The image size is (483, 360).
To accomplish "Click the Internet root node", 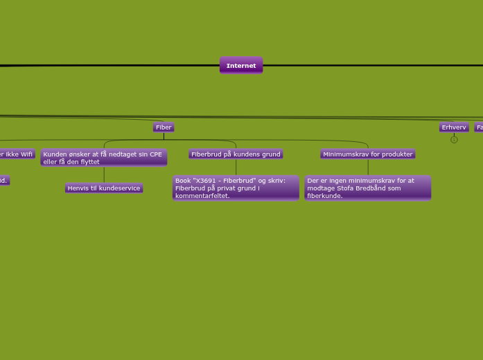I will click(x=241, y=66).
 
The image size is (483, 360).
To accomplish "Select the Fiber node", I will click(x=164, y=127).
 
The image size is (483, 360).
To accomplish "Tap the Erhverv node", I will click(x=454, y=127).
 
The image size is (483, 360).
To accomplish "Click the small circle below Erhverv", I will click(x=454, y=140).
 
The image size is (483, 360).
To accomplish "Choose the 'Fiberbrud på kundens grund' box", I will click(x=236, y=154).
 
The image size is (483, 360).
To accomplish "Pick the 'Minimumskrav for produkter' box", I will click(x=367, y=154).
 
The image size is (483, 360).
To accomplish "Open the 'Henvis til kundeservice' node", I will click(x=104, y=188).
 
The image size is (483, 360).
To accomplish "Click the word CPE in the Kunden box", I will click(x=155, y=154).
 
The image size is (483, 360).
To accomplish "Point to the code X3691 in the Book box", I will click(x=209, y=181).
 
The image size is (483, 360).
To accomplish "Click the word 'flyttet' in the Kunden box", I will click(x=89, y=162).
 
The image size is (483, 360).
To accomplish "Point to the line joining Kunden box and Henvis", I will click(x=104, y=174).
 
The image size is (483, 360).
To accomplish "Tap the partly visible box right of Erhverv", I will click(x=479, y=127).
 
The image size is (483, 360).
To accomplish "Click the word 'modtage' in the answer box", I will click(x=322, y=188).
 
